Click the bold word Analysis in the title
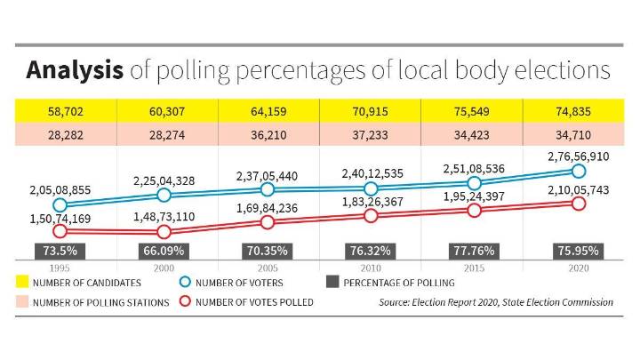[x=75, y=70]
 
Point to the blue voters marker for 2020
[x=578, y=171]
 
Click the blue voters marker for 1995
[x=60, y=205]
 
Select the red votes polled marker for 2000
[x=163, y=232]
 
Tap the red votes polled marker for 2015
[x=474, y=211]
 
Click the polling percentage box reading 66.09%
[x=163, y=252]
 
